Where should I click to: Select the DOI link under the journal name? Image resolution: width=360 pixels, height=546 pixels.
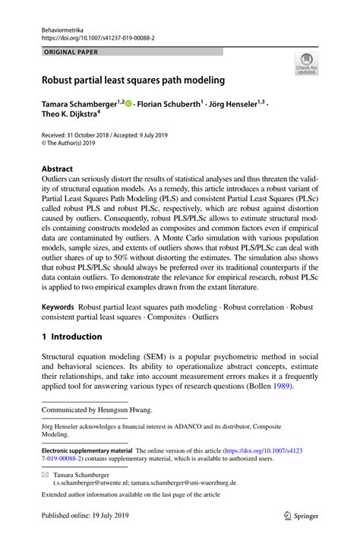(x=97, y=35)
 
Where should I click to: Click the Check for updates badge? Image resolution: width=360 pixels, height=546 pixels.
(x=306, y=65)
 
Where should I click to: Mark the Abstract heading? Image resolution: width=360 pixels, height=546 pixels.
(x=57, y=169)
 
